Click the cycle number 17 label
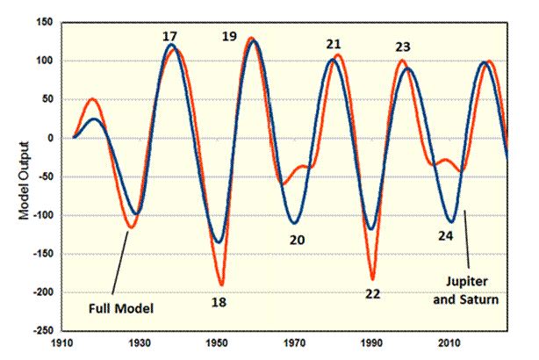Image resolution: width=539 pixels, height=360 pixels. tap(169, 36)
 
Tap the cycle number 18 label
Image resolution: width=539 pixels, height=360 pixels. tap(219, 302)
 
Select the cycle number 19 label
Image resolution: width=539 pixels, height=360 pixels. tap(229, 36)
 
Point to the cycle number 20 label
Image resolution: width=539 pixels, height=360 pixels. tap(297, 240)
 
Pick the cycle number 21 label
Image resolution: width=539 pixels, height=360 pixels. tap(334, 44)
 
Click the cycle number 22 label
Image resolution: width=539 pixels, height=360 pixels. tap(372, 294)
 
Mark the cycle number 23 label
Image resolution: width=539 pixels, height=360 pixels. tap(403, 47)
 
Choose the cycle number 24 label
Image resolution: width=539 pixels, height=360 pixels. tap(445, 236)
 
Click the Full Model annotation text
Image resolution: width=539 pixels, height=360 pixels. tap(121, 308)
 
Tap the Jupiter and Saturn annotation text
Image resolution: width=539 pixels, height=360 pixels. tap(466, 291)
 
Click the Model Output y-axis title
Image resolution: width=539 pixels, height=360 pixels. tap(24, 181)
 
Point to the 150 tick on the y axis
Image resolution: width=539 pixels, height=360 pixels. tap(45, 22)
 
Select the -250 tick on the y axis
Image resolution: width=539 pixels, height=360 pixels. tap(43, 330)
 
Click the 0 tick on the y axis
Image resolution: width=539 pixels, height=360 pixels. tap(51, 138)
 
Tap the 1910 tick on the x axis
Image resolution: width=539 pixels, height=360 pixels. tap(62, 343)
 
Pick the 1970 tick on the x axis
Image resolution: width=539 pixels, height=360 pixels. tap(295, 343)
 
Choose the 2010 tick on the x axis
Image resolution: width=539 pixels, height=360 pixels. tap(449, 343)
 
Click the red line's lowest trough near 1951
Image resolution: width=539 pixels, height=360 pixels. tap(222, 285)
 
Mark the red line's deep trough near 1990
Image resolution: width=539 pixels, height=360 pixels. tap(372, 279)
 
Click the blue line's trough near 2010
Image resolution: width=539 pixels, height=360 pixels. tap(451, 221)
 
